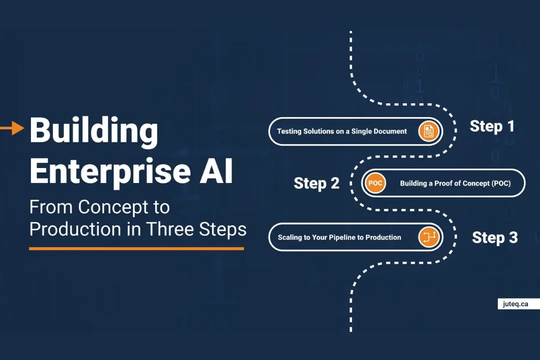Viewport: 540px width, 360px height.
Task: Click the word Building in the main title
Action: click(93, 131)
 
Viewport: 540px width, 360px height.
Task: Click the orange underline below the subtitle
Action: click(136, 248)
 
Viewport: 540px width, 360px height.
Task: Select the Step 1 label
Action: click(492, 126)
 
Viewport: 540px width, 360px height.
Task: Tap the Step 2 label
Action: click(316, 183)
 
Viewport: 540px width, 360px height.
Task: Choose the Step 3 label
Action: click(494, 237)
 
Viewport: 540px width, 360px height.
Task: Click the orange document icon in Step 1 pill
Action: click(428, 131)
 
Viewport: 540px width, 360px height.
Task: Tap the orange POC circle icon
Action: click(375, 183)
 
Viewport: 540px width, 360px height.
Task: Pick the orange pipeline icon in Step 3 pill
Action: click(428, 237)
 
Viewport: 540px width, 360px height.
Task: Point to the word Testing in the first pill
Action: click(290, 131)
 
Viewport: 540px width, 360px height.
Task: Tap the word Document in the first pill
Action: click(390, 131)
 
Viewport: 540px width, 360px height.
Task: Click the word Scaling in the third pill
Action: click(290, 237)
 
